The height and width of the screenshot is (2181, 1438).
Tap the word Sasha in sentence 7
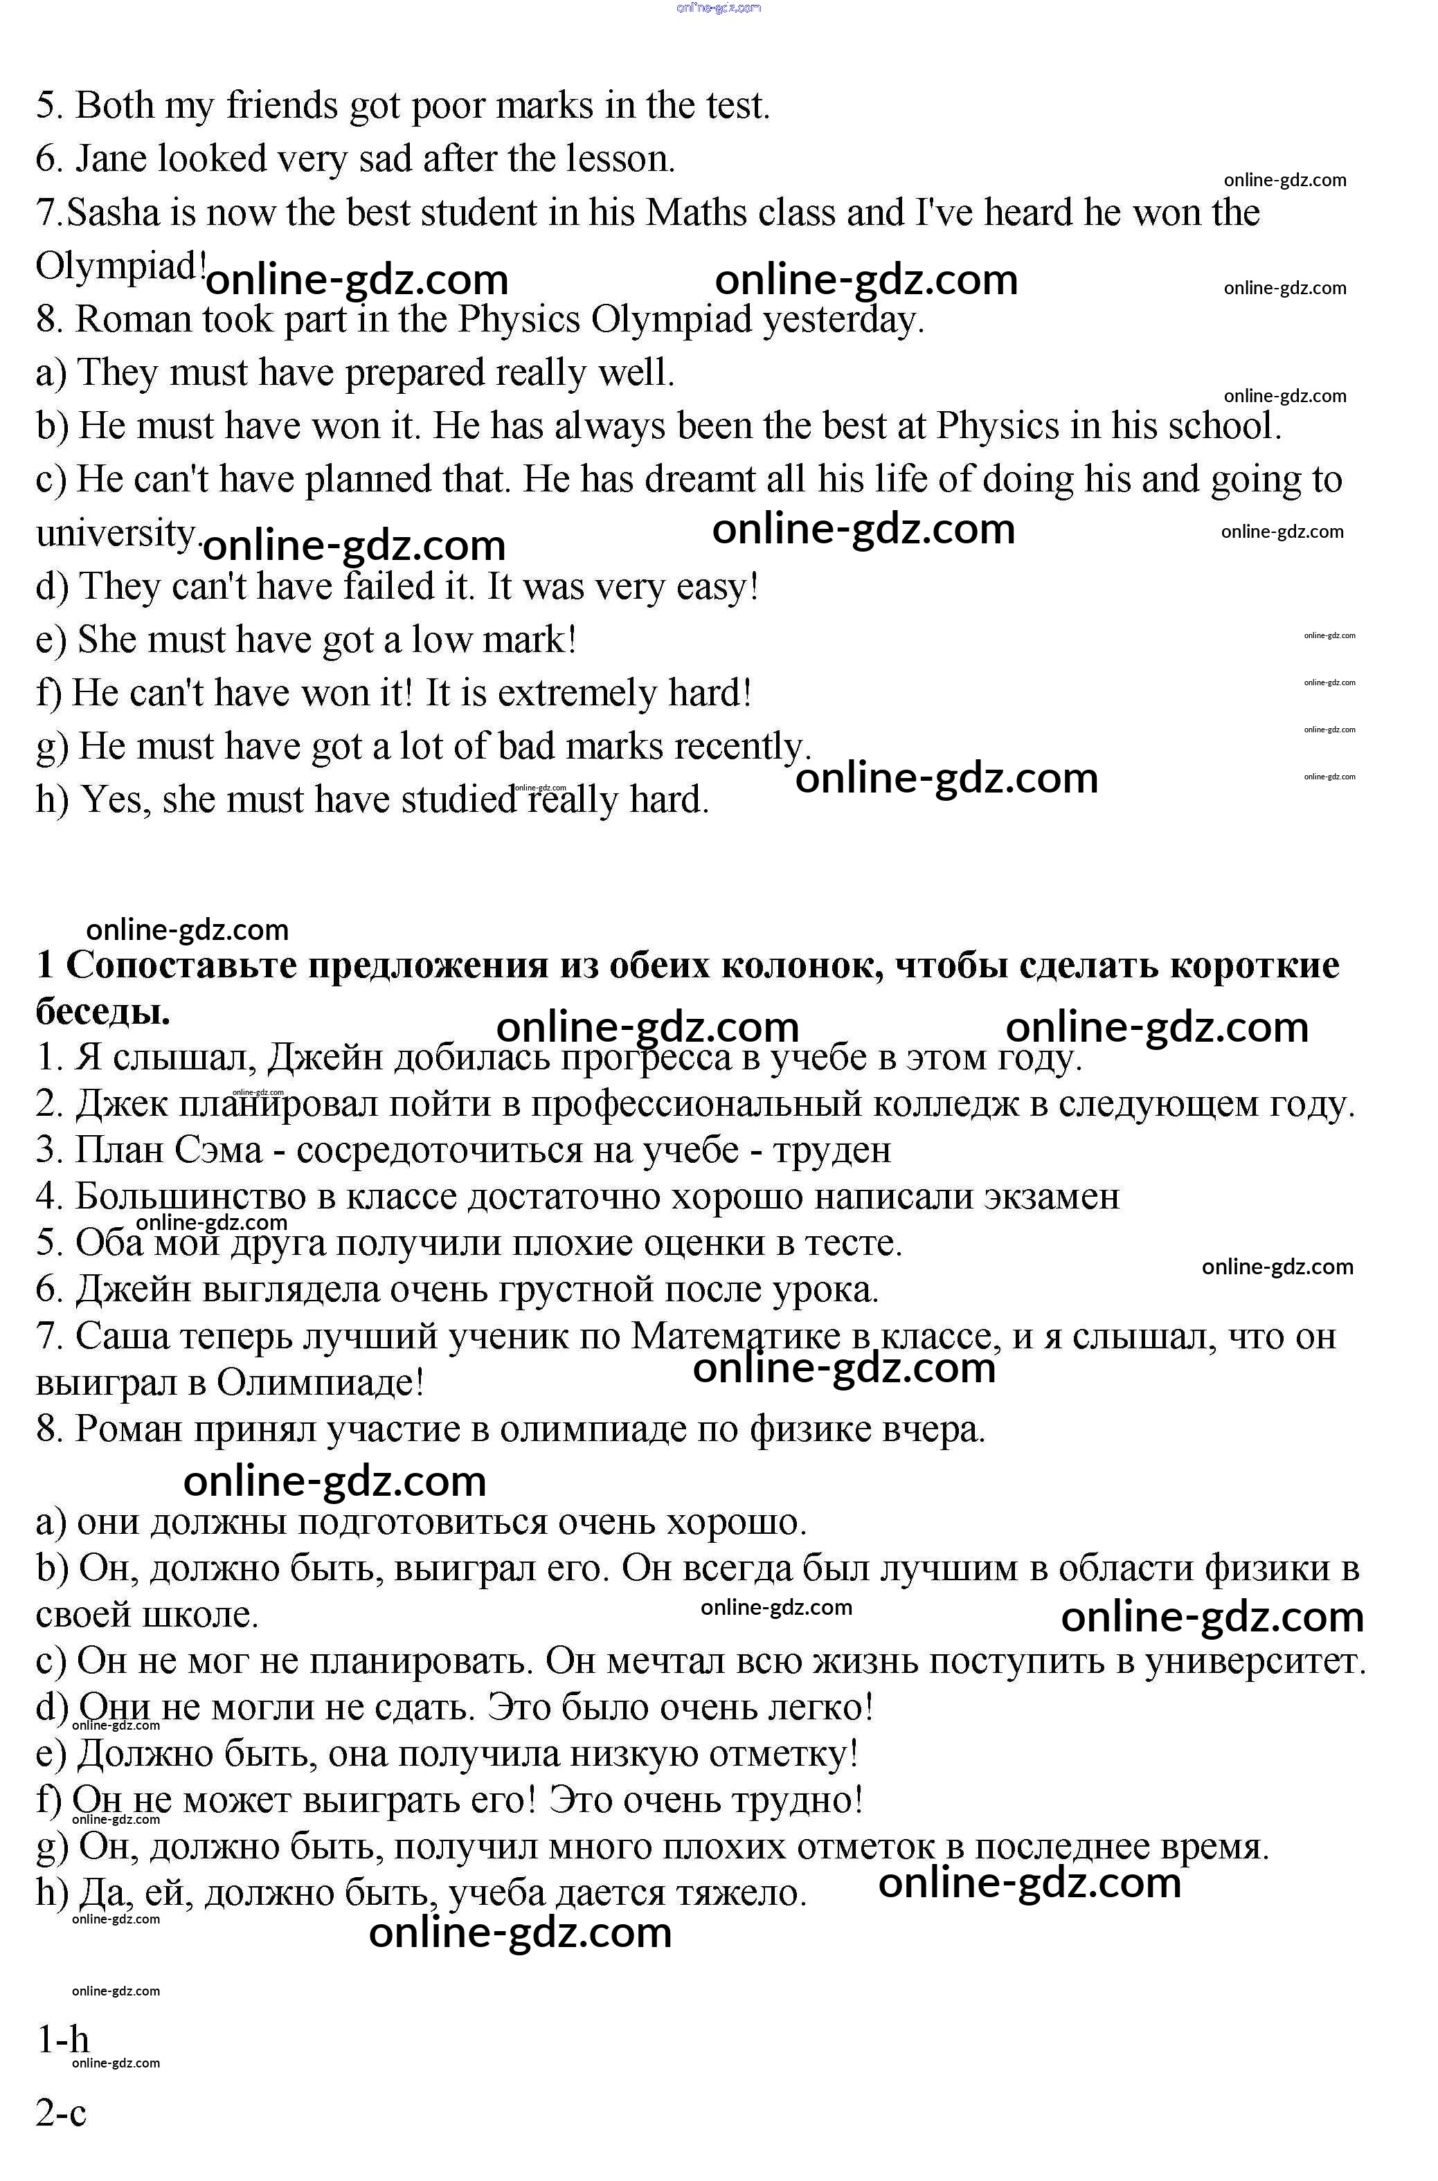(113, 212)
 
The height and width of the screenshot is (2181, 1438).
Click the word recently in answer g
(742, 747)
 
